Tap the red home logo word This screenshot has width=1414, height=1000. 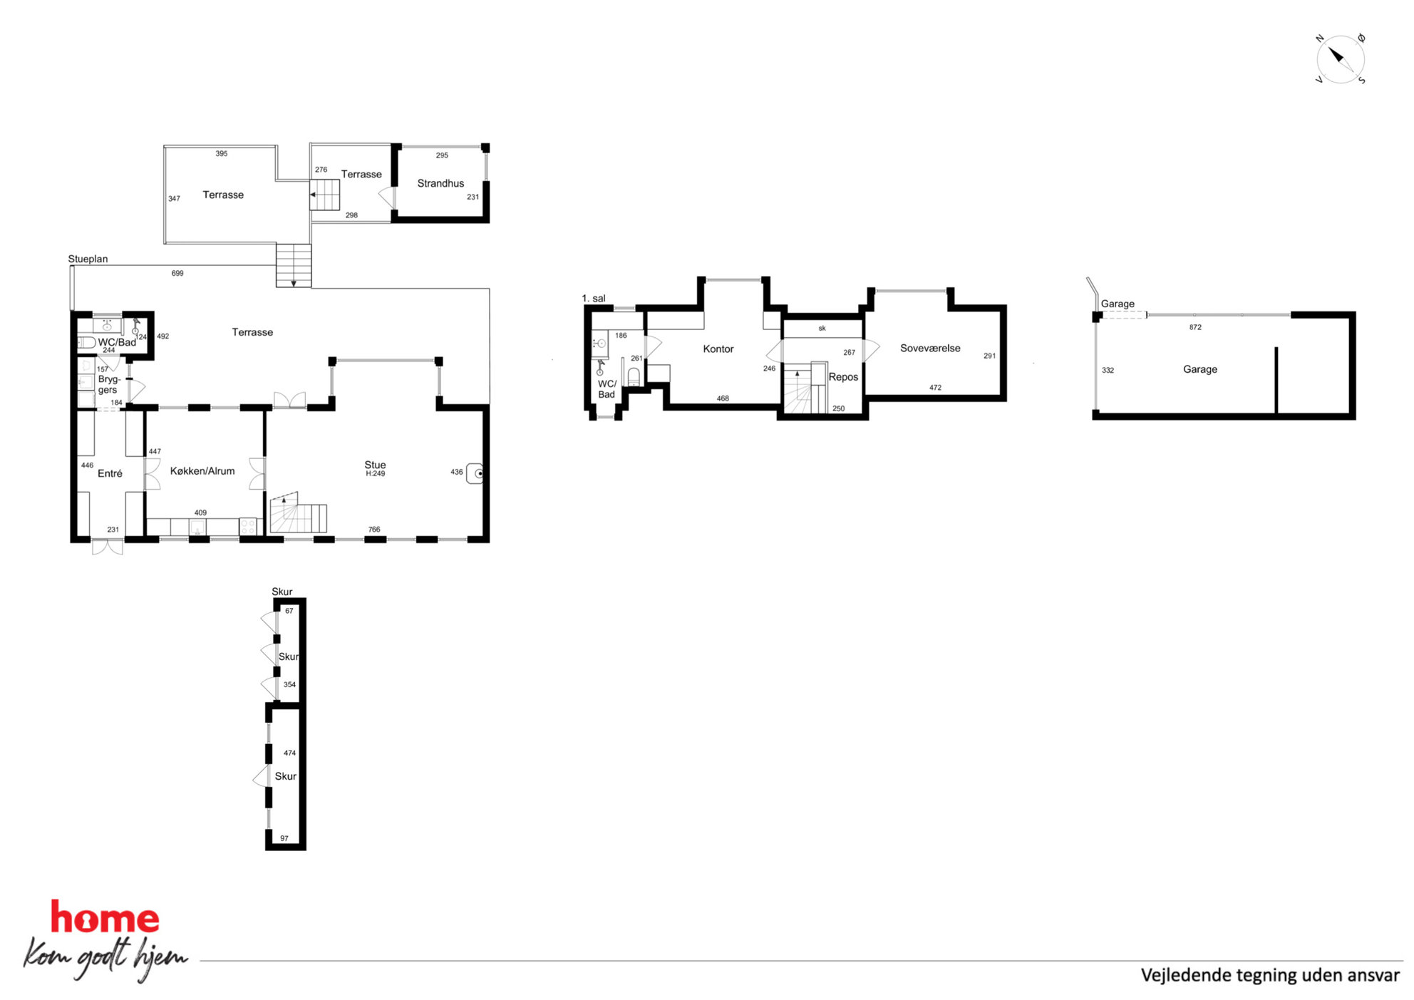click(105, 918)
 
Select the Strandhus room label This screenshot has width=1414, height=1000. click(440, 183)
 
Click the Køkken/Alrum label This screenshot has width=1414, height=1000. click(202, 471)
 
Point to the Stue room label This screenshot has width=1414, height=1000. click(375, 465)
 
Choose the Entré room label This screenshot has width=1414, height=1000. click(110, 473)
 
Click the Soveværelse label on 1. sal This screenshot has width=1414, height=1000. click(930, 349)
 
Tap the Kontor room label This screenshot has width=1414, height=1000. click(718, 349)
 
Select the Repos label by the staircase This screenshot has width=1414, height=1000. click(843, 377)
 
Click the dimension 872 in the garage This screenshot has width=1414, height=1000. click(1195, 327)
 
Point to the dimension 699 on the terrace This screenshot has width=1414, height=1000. click(177, 273)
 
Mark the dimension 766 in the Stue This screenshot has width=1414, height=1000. click(374, 530)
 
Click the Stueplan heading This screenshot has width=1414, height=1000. click(88, 259)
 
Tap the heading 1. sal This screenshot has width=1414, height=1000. click(594, 299)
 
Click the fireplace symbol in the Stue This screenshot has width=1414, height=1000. click(475, 473)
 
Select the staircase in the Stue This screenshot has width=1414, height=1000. click(298, 513)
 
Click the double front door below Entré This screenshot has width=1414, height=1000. click(108, 547)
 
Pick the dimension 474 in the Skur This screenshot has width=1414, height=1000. click(289, 753)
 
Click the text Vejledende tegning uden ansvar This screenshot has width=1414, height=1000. click(1270, 975)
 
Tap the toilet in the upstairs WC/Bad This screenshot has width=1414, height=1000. click(634, 376)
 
